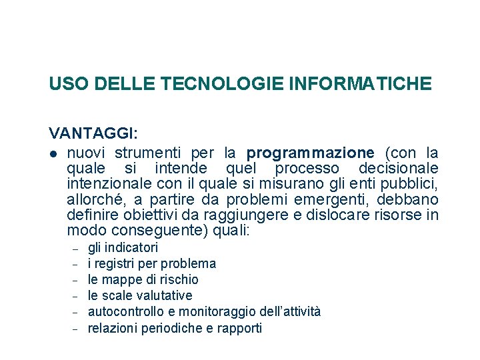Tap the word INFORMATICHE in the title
[361, 84]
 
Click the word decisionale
[398, 168]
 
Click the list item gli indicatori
[123, 248]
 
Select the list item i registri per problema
[152, 264]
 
